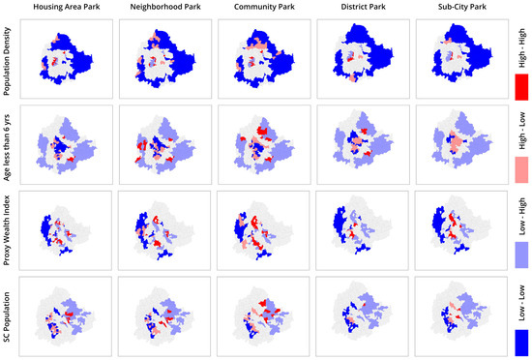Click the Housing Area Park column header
[x=65, y=10]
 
